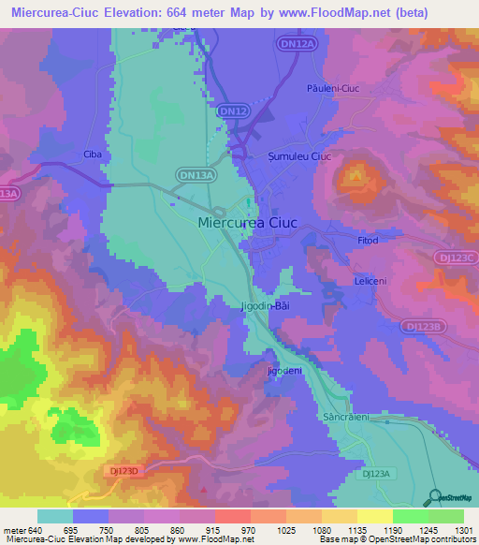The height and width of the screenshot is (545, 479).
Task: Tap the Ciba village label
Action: [x=92, y=155]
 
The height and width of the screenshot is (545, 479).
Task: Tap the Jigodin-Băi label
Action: [x=266, y=306]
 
